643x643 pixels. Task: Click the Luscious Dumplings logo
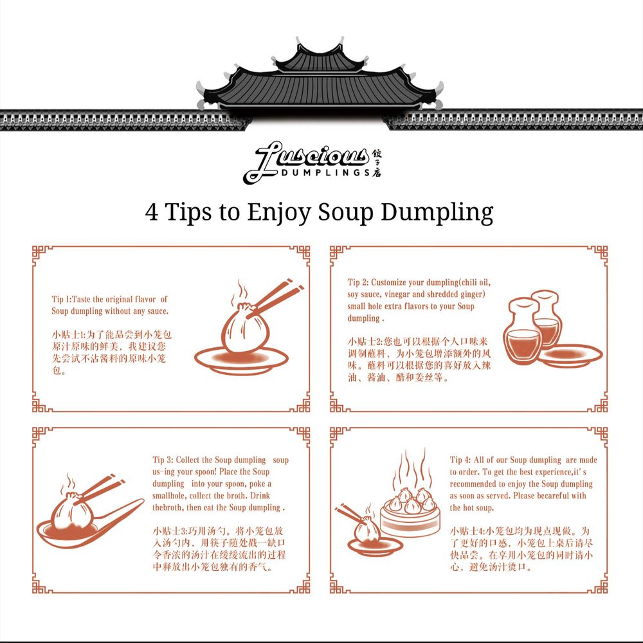312,163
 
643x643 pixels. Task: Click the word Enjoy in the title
279,212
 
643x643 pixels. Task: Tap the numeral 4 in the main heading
152,212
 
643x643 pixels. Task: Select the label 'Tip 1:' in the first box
62,299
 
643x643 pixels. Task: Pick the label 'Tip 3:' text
163,460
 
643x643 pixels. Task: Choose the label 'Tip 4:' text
460,460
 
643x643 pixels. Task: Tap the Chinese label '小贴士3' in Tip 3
169,531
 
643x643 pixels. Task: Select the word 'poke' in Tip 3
257,484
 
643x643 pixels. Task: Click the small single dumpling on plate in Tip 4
368,533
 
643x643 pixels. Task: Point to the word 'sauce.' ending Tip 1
158,311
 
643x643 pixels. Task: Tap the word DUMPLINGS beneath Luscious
326,172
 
